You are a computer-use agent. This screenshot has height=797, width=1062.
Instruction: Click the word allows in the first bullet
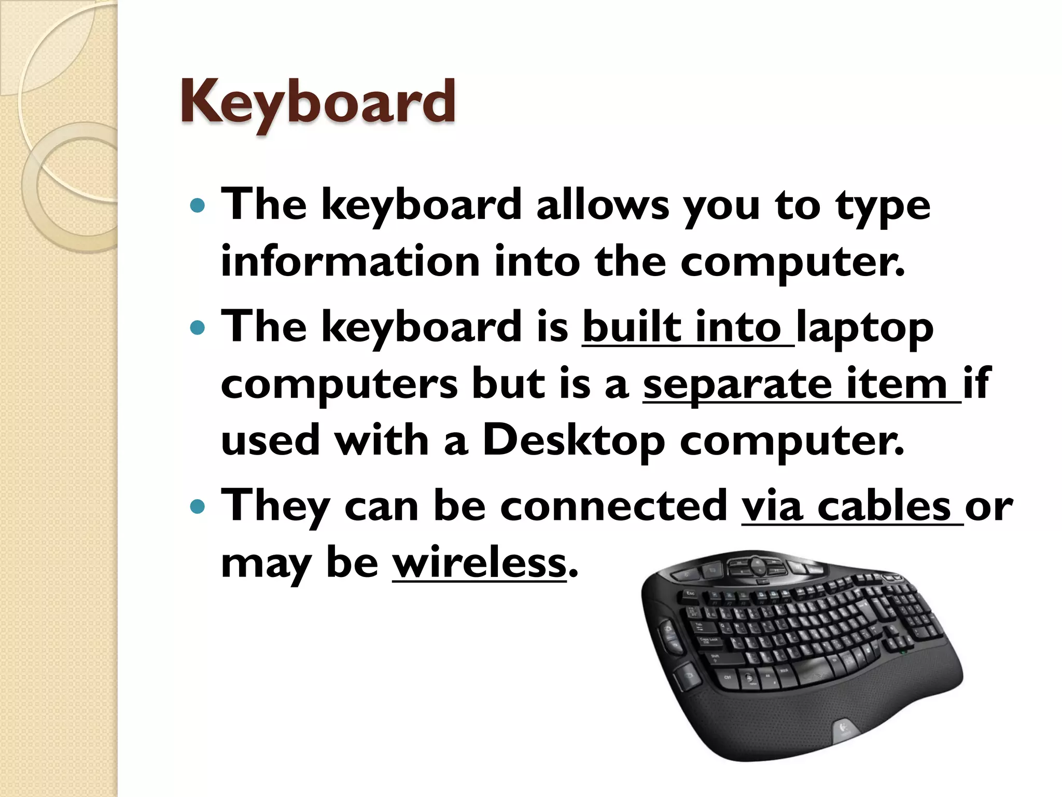(x=603, y=205)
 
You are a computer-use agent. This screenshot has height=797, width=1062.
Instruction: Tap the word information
(x=351, y=262)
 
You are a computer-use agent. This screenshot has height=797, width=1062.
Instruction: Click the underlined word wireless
(x=479, y=563)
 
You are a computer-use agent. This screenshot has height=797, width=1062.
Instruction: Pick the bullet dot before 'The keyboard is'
(x=198, y=328)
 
